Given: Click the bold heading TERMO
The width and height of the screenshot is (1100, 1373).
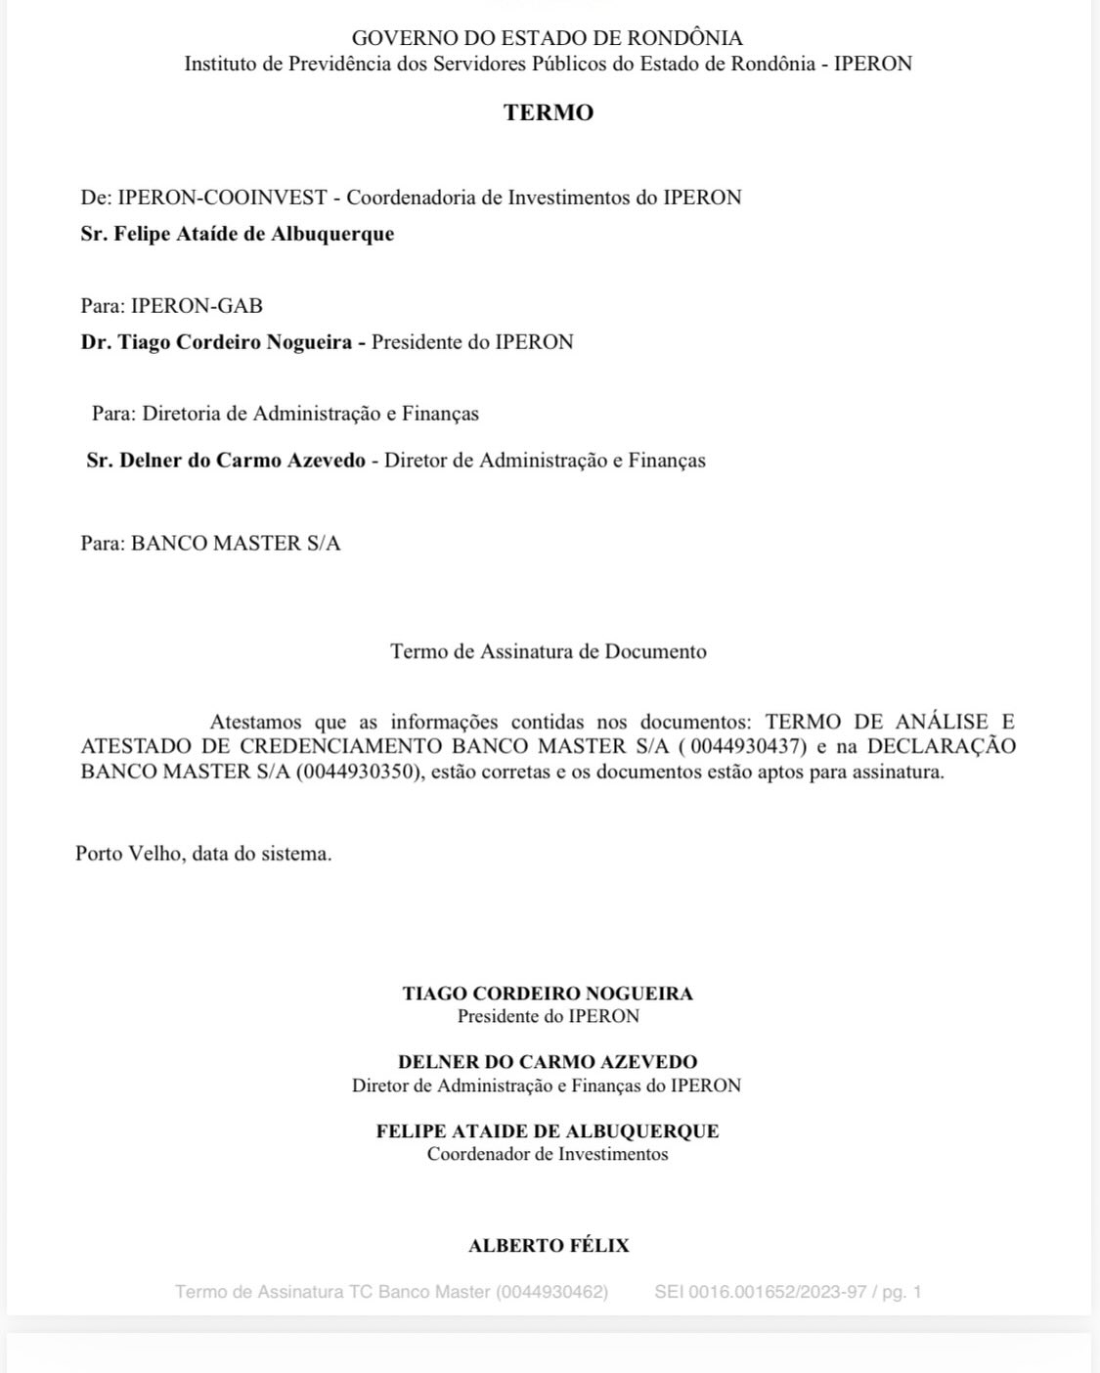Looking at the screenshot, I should pos(549,112).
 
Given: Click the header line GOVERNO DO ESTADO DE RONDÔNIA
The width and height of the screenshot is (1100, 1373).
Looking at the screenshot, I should pos(548,38).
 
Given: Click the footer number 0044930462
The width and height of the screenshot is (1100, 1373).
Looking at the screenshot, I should pos(551,1292).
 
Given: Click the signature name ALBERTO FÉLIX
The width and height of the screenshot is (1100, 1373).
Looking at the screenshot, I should pos(549,1246).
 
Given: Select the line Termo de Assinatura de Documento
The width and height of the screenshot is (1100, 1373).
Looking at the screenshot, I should pos(549,651).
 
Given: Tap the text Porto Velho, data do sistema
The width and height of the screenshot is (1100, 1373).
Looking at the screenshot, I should pos(203,854).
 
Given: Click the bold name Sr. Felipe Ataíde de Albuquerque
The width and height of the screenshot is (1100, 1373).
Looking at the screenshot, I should pos(238,234).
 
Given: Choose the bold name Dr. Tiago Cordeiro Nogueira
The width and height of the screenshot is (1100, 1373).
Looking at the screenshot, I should pos(216,342).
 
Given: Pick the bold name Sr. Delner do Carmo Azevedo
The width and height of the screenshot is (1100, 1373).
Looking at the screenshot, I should pos(226,461).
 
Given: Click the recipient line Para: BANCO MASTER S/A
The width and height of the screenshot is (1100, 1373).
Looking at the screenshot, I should pos(210,544).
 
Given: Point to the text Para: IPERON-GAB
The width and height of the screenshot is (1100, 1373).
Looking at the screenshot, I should pos(171,306).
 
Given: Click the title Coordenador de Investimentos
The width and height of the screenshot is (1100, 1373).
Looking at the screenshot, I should pos(548,1154).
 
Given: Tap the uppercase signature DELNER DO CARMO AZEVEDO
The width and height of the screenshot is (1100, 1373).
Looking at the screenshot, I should pos(548,1062).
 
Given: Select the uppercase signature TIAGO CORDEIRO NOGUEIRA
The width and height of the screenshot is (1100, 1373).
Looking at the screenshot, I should pos(548,994).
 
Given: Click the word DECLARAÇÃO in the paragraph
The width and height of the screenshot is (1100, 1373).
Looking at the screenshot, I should pos(942,747).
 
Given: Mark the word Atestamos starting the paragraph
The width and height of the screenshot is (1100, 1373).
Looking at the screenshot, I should pos(256,723).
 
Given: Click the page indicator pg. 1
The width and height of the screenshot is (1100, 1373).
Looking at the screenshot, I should pos(902,1292).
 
